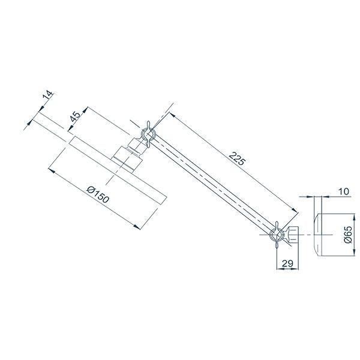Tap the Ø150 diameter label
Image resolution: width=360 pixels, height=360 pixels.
point(97,196)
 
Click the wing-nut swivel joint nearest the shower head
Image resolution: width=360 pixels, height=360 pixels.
point(146,135)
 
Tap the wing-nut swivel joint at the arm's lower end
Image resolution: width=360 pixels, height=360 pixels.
point(278,235)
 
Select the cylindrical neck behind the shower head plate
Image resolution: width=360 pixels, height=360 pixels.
point(128,155)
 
